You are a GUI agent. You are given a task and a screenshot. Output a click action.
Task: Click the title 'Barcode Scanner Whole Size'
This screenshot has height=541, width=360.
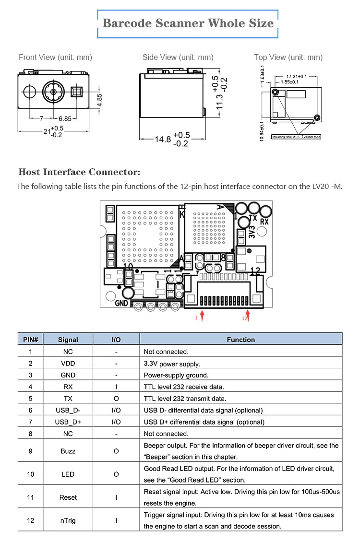click(188, 23)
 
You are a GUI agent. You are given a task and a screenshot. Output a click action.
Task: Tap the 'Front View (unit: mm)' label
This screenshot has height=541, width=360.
click(55, 57)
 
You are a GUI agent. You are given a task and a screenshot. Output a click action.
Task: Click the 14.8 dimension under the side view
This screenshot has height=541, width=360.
click(163, 140)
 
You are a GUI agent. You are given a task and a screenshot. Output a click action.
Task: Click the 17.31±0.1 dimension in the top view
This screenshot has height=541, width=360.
click(296, 76)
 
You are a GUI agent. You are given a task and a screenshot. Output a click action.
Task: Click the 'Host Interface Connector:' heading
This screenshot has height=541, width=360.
click(79, 172)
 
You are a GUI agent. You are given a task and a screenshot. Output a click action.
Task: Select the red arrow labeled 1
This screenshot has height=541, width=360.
click(203, 314)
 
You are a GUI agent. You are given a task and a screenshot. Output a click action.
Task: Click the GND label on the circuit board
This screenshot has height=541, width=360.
click(121, 303)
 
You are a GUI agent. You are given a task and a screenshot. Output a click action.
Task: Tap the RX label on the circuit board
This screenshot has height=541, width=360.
click(264, 222)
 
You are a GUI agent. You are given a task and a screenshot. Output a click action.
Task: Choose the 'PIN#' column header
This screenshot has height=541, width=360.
click(31, 340)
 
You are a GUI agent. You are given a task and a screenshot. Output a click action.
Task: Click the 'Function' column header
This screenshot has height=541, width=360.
click(240, 340)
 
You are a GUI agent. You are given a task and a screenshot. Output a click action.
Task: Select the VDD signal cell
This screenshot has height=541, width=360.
click(68, 364)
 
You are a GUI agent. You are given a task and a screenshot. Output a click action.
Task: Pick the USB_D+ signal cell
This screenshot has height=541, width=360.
click(68, 422)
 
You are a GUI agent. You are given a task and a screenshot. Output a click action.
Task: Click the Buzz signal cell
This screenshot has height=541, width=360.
click(68, 451)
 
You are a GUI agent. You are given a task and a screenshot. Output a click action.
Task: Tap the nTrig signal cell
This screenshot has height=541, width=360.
click(68, 520)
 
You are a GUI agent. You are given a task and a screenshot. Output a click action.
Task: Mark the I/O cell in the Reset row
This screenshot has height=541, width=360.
click(116, 497)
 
